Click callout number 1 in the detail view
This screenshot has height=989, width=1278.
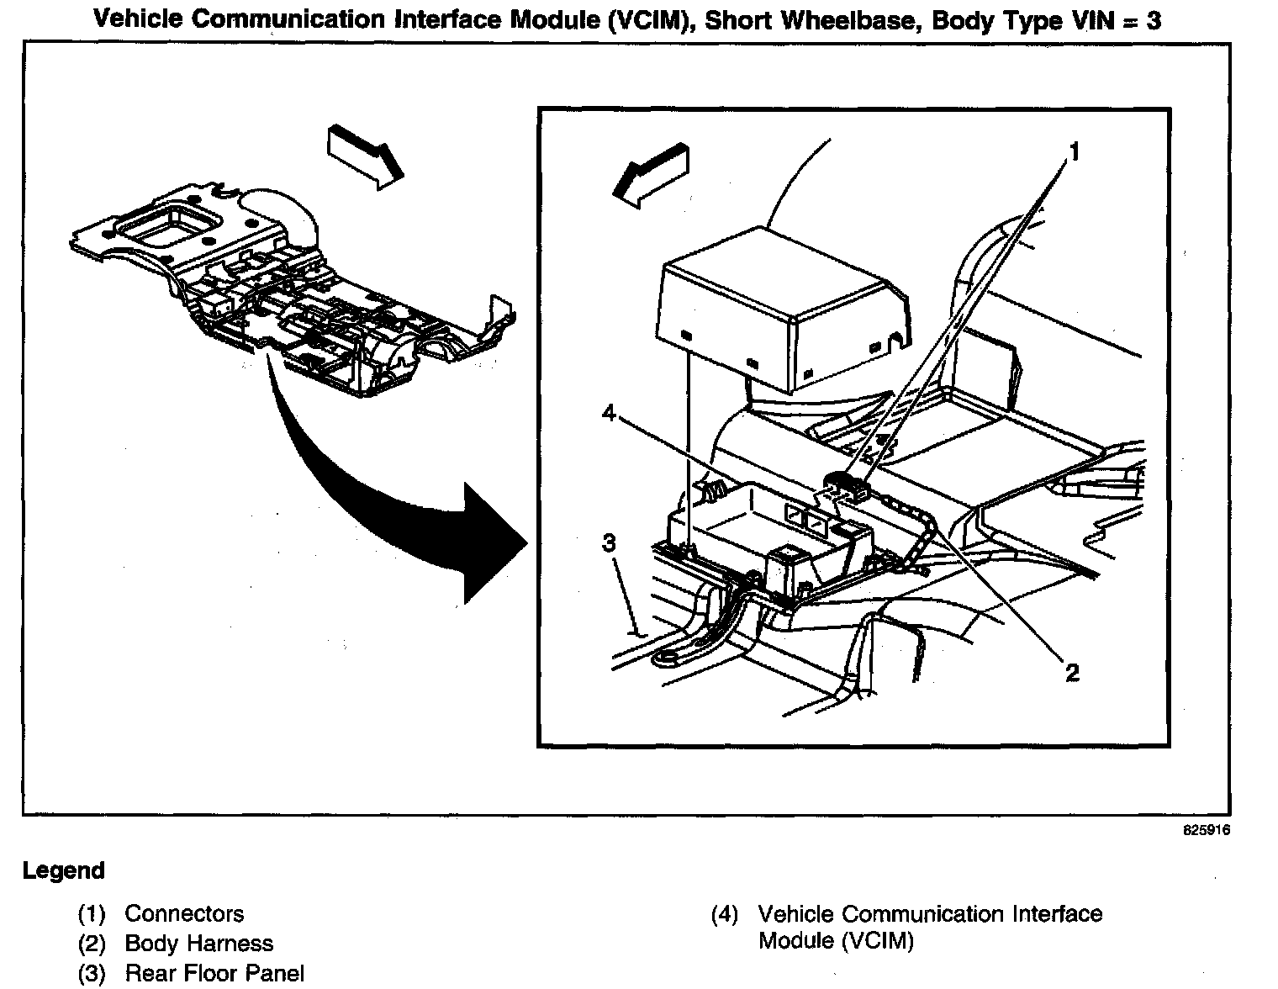click(1074, 151)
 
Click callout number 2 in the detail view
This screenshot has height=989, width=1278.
click(1072, 673)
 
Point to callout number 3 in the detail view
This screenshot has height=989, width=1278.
click(610, 544)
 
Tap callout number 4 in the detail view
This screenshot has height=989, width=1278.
click(610, 414)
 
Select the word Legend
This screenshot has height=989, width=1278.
click(64, 870)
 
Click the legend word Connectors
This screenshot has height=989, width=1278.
click(184, 914)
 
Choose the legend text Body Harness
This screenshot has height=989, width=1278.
click(199, 944)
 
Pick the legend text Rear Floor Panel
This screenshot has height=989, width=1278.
click(214, 974)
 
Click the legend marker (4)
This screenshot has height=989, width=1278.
click(724, 914)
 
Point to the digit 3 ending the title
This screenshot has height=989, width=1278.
click(1154, 19)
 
